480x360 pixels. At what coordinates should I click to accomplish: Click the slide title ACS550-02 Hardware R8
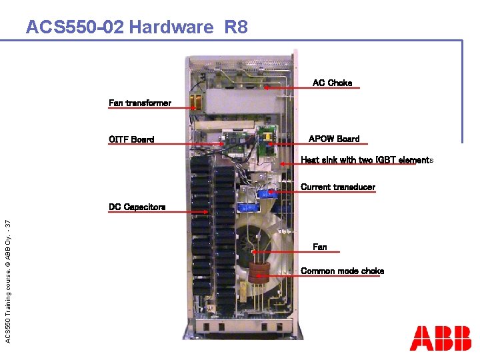tap(136, 27)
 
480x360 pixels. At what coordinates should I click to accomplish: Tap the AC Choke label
tap(332, 83)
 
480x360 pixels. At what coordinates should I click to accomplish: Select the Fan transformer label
tap(140, 103)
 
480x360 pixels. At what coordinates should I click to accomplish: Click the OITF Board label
tap(131, 139)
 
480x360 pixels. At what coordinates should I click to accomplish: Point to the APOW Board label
tap(334, 139)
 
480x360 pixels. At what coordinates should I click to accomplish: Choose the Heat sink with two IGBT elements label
tap(367, 160)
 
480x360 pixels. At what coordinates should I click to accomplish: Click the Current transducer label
tap(338, 187)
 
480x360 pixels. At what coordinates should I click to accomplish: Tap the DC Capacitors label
tap(137, 207)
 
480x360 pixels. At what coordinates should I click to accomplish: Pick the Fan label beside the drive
tap(320, 247)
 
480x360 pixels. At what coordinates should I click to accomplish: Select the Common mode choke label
tap(342, 271)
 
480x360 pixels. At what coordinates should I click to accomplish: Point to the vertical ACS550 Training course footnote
tap(7, 273)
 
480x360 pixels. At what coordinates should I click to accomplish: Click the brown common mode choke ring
tap(260, 269)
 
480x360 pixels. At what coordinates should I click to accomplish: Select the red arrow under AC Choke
tap(307, 88)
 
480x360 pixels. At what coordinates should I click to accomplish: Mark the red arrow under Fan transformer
tap(150, 108)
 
